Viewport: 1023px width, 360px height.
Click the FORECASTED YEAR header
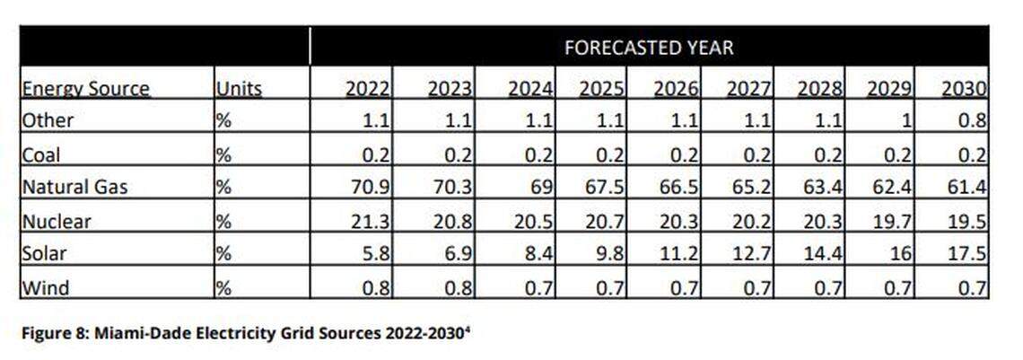click(648, 48)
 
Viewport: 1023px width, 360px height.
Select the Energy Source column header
click(85, 89)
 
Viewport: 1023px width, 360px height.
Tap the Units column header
click(239, 89)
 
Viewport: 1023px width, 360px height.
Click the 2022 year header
click(368, 89)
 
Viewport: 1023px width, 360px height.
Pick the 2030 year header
click(965, 89)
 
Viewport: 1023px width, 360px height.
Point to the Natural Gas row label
click(74, 188)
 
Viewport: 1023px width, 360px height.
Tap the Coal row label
click(40, 154)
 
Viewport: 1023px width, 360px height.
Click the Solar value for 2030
click(970, 254)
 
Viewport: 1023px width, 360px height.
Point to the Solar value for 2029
click(903, 254)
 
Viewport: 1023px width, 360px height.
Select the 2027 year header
click(748, 89)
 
